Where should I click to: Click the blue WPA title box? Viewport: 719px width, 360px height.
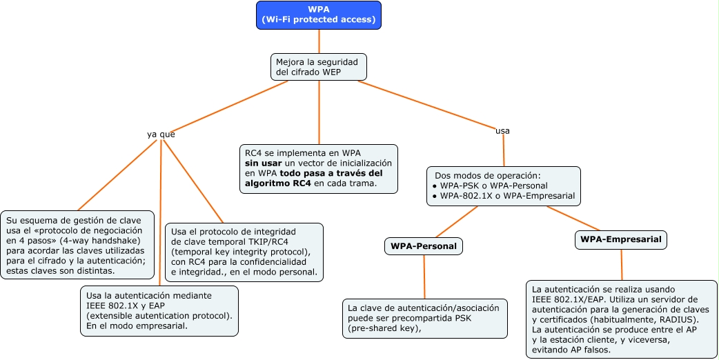319,14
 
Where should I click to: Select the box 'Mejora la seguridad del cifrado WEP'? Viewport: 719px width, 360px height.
318,66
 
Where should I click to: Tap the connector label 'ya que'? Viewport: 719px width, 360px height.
161,134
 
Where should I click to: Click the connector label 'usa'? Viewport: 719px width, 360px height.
503,130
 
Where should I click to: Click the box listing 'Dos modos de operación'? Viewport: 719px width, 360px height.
503,186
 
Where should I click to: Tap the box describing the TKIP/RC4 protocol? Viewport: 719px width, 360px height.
244,252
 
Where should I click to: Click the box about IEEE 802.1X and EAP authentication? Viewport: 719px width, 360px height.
159,310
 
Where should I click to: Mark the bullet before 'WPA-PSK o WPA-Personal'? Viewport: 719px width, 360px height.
434,186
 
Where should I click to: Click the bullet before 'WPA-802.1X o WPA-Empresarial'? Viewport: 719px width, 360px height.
434,197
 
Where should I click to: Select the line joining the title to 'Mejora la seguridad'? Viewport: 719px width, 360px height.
319,41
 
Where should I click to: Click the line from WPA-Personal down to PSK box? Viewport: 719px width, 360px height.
424,277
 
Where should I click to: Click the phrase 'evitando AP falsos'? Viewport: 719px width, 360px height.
571,350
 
